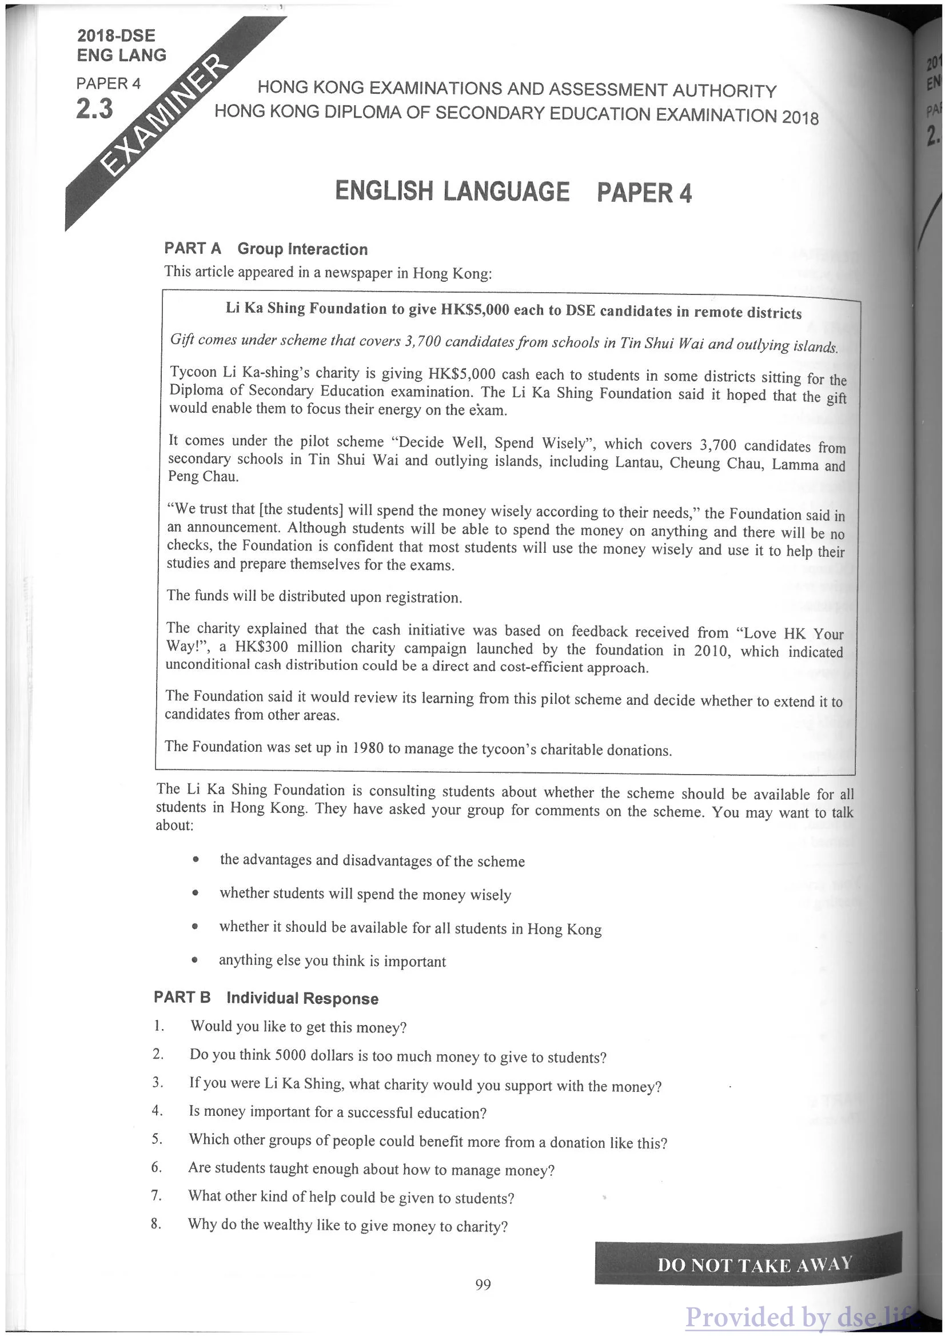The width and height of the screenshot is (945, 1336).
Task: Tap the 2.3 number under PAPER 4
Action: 94,109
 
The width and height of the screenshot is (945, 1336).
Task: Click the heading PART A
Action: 193,249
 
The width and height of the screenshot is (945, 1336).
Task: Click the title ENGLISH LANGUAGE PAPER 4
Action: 513,192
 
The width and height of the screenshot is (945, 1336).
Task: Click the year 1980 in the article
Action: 368,747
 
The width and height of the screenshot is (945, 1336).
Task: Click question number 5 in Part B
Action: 157,1139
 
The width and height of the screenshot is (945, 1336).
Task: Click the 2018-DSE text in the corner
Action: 117,35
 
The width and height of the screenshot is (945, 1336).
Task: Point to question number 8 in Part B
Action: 155,1224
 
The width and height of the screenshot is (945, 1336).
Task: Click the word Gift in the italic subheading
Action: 182,339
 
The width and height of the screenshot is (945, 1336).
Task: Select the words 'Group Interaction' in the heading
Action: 302,250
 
